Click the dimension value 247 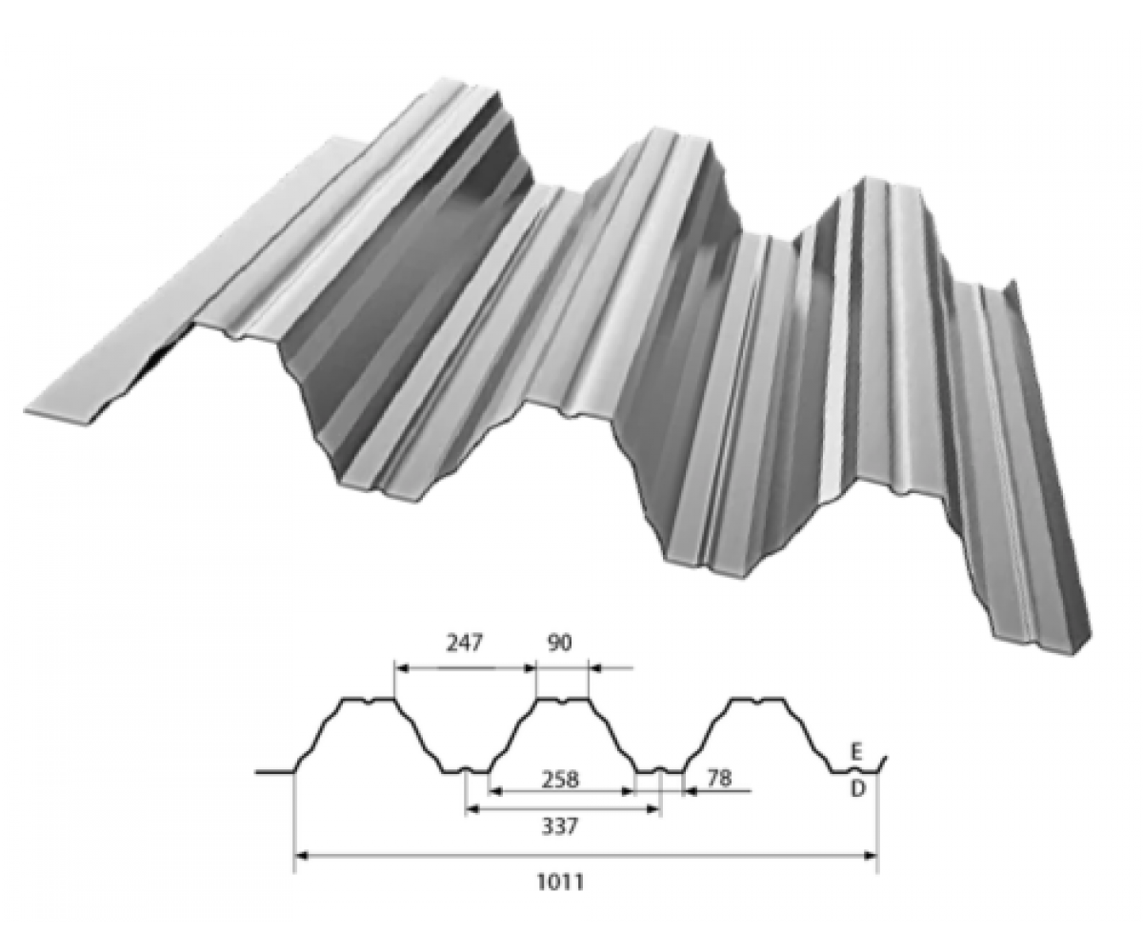tap(465, 643)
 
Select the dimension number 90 tap(558, 643)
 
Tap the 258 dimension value tap(559, 779)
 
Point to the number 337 tap(559, 826)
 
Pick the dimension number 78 tap(719, 778)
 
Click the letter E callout tap(857, 753)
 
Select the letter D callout tap(858, 788)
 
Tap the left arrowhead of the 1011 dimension tap(302, 856)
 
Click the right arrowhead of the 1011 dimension tap(871, 856)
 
